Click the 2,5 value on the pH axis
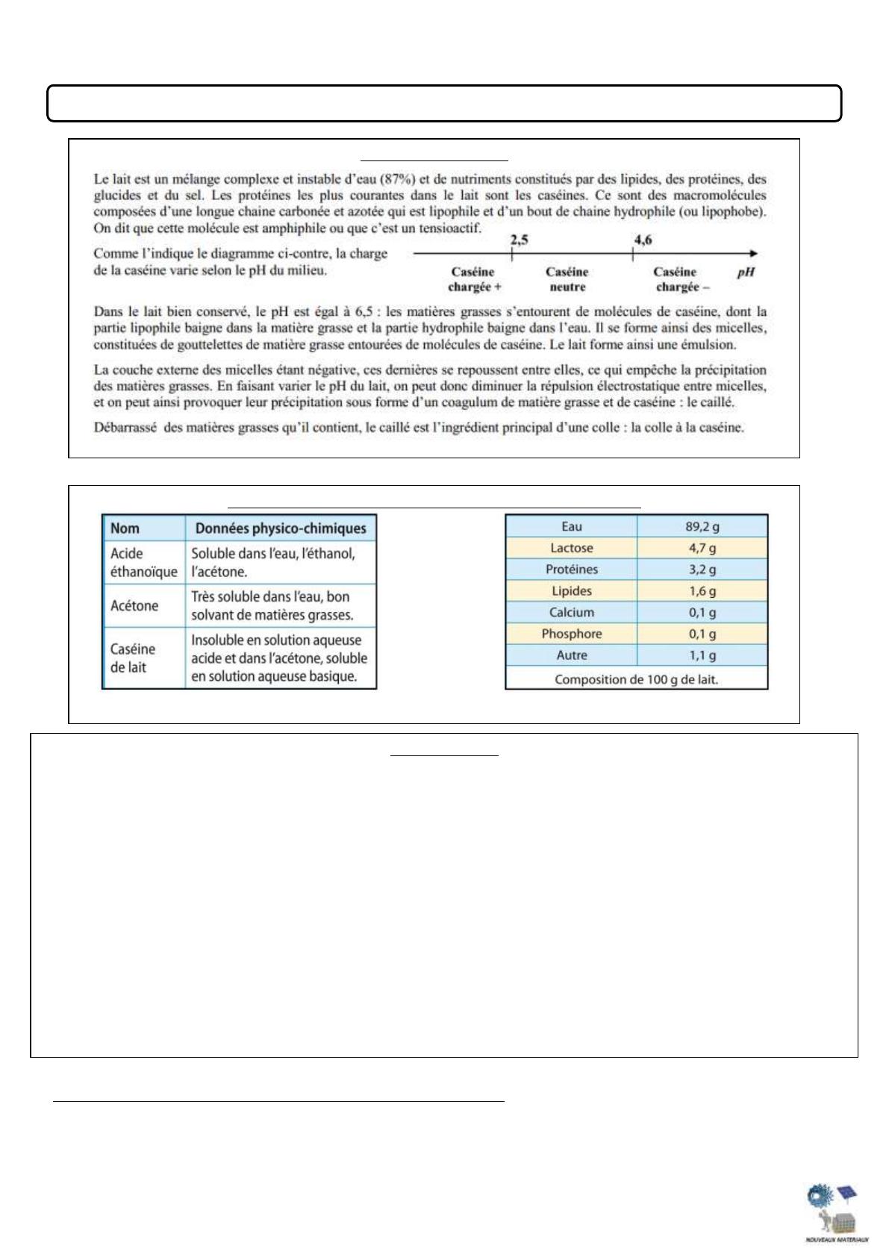(519, 240)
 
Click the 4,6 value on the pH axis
(643, 240)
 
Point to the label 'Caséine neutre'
(567, 279)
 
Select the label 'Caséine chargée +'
(474, 279)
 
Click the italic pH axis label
(746, 272)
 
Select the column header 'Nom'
(125, 528)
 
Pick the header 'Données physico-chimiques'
(281, 528)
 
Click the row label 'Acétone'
(134, 605)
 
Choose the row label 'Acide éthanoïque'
(143, 562)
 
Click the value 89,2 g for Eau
(702, 526)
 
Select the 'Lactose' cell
(571, 548)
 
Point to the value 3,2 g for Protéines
(702, 570)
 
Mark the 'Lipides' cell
(571, 591)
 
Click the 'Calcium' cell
(571, 612)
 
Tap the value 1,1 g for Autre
(702, 655)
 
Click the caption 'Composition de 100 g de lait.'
(636, 679)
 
